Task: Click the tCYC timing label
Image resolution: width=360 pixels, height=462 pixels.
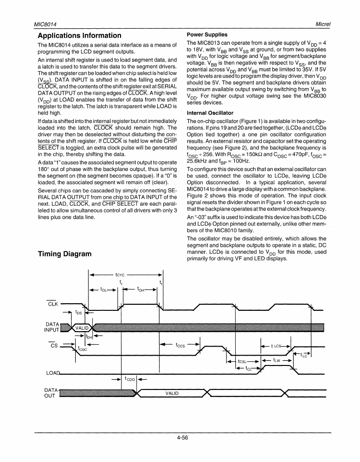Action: pyautogui.click(x=120, y=273)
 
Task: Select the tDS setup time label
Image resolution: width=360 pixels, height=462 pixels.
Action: pyautogui.click(x=79, y=312)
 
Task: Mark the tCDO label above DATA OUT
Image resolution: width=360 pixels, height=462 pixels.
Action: pyautogui.click(x=129, y=379)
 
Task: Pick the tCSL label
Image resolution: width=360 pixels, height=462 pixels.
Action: pyautogui.click(x=243, y=362)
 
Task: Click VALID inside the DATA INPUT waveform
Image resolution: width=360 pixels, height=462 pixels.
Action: pyautogui.click(x=82, y=328)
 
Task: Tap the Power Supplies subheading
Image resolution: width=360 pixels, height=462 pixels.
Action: pyautogui.click(x=207, y=34)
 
